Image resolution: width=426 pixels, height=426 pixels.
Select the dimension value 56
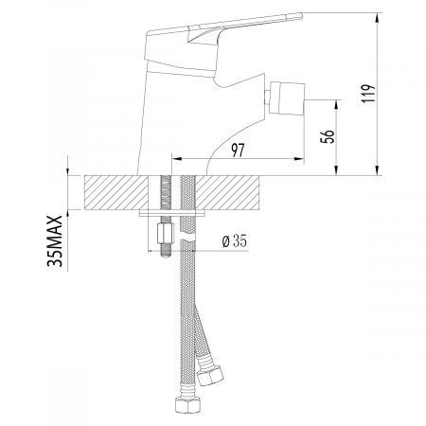click(328, 134)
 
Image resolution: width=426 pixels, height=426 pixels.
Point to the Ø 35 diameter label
click(233, 241)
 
